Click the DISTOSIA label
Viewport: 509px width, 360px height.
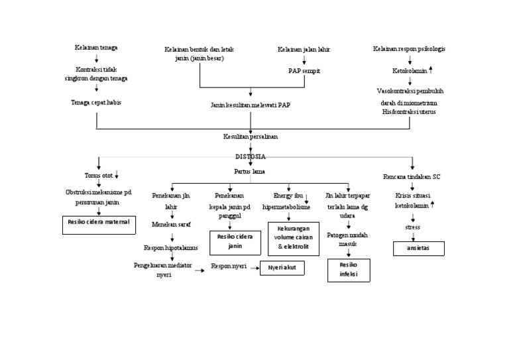point(251,157)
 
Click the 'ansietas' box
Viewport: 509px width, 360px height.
point(418,249)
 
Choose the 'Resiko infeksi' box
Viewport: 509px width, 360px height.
point(348,270)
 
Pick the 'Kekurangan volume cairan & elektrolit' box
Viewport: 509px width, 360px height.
point(293,239)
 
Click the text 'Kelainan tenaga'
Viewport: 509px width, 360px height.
point(96,48)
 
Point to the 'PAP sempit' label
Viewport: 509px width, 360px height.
point(304,70)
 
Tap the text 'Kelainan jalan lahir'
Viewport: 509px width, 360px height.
point(304,49)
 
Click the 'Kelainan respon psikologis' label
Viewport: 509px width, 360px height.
point(409,48)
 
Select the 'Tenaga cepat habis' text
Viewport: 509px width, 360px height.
point(97,102)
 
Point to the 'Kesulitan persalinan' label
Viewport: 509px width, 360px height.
point(251,136)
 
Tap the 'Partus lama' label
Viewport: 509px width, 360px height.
point(251,171)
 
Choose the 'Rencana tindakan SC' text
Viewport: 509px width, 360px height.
point(412,176)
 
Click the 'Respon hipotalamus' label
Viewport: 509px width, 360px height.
point(172,248)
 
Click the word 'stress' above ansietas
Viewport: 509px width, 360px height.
point(412,227)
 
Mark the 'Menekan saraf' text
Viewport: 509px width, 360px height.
point(171,225)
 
